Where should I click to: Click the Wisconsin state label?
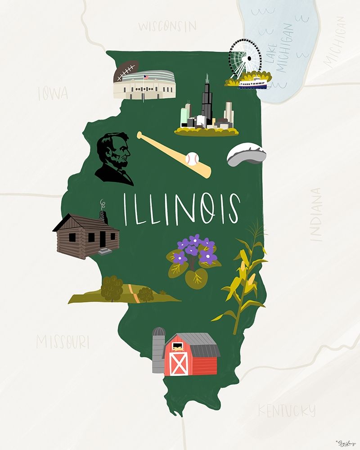pos(167,26)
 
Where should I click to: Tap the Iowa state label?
pos(53,94)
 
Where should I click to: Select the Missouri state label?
pos(63,342)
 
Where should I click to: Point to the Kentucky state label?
pos(286,410)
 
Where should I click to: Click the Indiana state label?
pos(317,215)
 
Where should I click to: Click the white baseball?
pos(192,158)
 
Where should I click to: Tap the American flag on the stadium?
pos(146,77)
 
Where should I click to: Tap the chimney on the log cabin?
pos(104,216)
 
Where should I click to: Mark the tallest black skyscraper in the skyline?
pos(207,101)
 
